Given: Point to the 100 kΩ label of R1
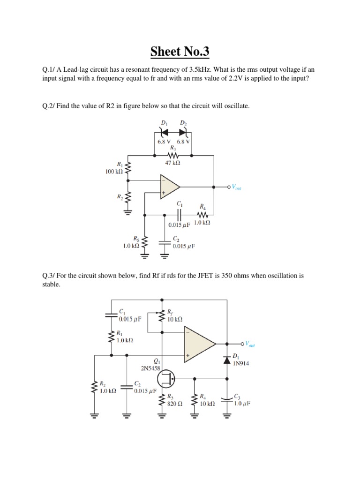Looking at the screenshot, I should click(115, 172).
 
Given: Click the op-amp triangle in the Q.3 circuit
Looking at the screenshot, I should click(199, 345).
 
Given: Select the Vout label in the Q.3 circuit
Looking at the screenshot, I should click(248, 345).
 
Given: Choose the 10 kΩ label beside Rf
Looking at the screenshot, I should click(174, 319).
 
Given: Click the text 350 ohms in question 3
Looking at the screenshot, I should click(227, 276).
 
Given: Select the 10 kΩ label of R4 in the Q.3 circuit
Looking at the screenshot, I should click(207, 403).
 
